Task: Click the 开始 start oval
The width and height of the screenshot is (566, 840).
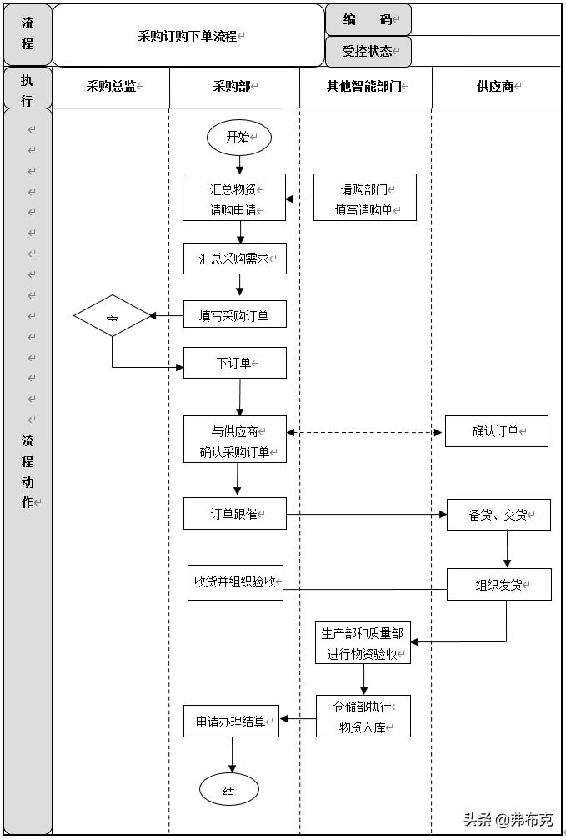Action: coord(238,138)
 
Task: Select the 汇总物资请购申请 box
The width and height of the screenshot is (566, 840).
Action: coord(234,198)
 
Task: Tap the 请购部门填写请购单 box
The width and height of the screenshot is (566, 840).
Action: coord(364,198)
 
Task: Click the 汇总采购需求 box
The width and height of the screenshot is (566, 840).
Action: coord(234,259)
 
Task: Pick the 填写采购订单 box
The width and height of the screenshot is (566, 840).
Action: coord(234,315)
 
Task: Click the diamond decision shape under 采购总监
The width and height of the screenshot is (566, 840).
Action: coord(112,316)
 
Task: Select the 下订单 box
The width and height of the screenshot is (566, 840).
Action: coord(234,363)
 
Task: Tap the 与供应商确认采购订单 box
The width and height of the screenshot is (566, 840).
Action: coord(234,440)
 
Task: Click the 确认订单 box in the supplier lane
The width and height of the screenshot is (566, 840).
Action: coord(496,431)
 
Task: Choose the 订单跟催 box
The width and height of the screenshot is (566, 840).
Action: coord(234,514)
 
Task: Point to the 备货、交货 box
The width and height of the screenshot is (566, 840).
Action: coord(498,515)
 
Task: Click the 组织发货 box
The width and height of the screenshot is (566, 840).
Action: coord(498,584)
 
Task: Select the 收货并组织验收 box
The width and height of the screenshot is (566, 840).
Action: coord(235,581)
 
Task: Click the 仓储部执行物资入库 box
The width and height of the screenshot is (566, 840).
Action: coord(363,717)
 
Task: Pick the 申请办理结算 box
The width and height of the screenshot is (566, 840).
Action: coord(231,721)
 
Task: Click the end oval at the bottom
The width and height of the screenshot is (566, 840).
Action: coord(229,789)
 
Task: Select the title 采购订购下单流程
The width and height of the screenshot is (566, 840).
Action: coord(188,36)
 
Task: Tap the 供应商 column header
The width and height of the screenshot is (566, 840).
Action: coord(496,86)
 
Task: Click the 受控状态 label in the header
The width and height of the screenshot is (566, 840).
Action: coord(368,51)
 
